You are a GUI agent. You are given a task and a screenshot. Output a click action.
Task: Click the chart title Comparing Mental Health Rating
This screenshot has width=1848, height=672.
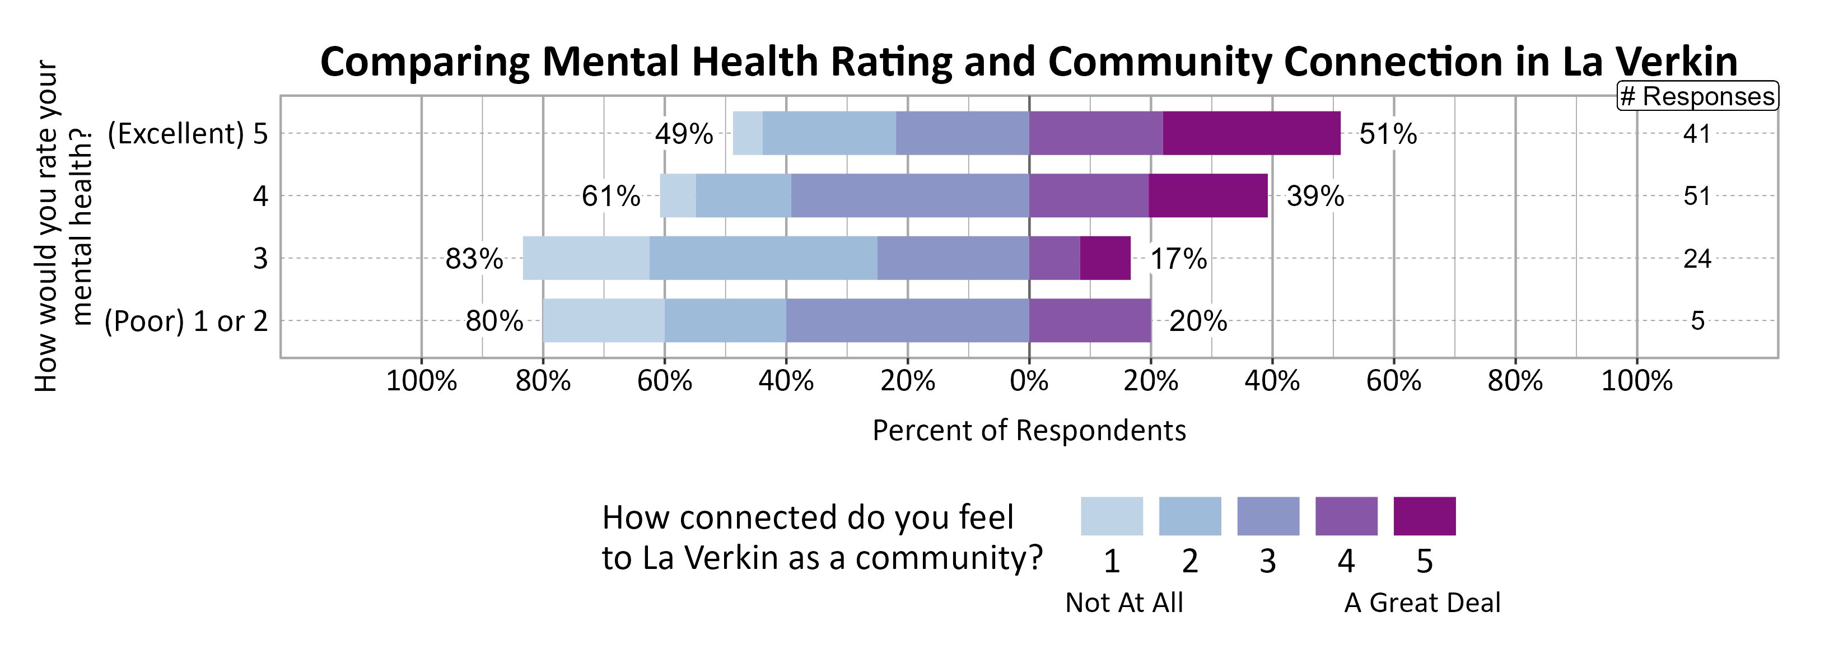tap(1028, 62)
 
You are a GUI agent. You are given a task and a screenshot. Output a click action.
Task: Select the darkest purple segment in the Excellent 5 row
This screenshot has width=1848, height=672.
tap(1251, 133)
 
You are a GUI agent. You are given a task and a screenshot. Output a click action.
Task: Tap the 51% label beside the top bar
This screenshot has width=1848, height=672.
tap(1388, 134)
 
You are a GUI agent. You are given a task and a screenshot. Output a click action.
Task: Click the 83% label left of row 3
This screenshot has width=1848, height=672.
tap(474, 259)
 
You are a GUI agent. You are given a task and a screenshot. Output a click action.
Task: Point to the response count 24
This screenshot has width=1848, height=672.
tap(1697, 259)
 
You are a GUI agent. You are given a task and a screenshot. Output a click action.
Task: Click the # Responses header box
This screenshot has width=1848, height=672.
tap(1697, 96)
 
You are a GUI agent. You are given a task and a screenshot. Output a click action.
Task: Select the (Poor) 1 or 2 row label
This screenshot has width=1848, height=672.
tap(186, 321)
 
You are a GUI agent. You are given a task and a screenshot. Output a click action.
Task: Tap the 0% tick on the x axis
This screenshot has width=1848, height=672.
tap(1029, 381)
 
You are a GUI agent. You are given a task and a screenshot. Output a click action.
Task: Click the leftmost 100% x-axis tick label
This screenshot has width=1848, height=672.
tap(421, 381)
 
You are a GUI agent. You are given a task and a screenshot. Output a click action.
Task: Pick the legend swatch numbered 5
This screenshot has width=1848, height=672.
tap(1424, 516)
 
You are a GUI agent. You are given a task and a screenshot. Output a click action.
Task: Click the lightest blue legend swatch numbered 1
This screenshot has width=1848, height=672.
tap(1111, 516)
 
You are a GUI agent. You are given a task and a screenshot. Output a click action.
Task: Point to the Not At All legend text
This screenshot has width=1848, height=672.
tap(1123, 603)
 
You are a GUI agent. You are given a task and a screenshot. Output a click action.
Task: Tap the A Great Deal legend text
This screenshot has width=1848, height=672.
tap(1422, 603)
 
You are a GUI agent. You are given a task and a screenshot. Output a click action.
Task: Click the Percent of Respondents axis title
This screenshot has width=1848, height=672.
tap(1029, 430)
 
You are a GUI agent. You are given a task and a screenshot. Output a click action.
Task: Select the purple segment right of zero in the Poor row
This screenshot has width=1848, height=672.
tap(1090, 320)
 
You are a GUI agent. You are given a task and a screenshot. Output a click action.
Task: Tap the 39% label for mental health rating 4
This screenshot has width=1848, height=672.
tap(1315, 196)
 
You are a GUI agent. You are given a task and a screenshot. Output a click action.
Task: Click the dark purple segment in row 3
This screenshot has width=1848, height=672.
tap(1105, 258)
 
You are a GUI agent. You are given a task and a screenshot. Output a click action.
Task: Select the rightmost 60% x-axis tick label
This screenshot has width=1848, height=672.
tap(1393, 381)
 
